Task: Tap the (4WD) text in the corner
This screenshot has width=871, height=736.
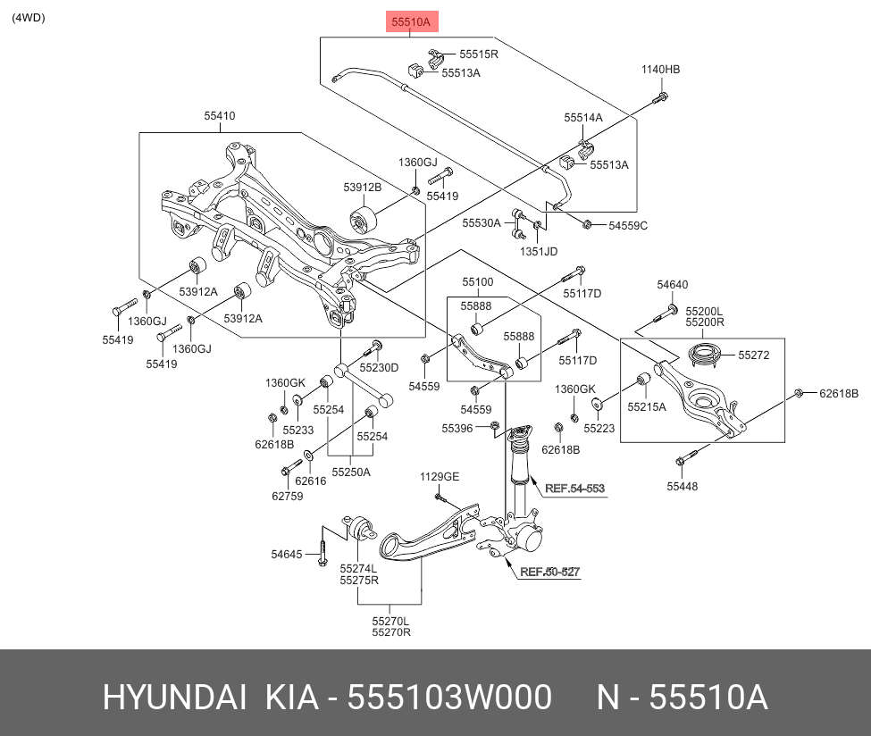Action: coord(29,18)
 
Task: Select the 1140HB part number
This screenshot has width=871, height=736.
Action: coord(660,70)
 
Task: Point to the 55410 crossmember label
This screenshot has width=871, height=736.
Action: coord(219,116)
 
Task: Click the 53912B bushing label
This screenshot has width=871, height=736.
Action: coord(362,188)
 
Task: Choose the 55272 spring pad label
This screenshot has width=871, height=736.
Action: coord(753,355)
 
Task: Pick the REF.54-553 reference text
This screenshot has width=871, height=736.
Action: coord(574,489)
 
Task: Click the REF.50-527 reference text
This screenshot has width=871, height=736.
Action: coord(549,572)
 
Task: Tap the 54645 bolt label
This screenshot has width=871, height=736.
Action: coord(288,554)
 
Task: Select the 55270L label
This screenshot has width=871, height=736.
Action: coord(391,620)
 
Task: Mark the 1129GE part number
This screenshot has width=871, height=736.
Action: coord(440,477)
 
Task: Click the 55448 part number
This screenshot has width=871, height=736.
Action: coord(682,487)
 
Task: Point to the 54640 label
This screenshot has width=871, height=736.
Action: coord(672,285)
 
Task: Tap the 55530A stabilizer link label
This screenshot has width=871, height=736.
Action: coord(482,222)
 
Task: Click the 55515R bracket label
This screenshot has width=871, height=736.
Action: coord(479,54)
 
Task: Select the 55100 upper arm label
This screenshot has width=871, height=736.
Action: coord(477,282)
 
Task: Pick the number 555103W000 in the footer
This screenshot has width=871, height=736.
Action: coord(448,698)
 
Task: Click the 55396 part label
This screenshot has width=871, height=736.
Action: coord(456,429)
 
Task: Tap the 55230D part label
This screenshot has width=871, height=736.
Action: coord(379,368)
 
